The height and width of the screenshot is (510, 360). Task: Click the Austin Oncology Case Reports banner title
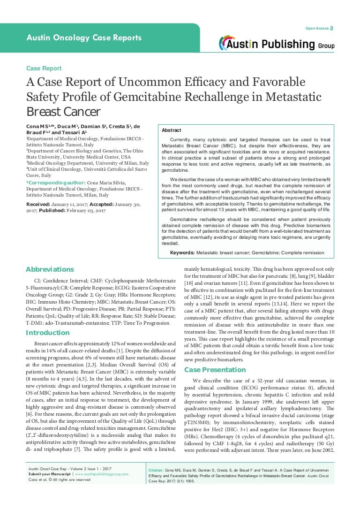pyautogui.click(x=84, y=38)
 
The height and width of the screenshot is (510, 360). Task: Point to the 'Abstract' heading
pyautogui.click(x=171, y=130)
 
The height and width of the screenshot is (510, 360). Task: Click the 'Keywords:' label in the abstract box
pyautogui.click(x=182, y=252)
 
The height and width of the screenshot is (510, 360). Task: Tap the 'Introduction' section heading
pyautogui.click(x=47, y=333)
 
